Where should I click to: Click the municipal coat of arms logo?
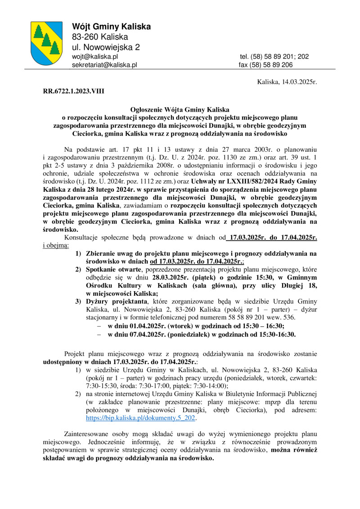(46, 43)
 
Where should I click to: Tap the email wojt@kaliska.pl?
(95, 57)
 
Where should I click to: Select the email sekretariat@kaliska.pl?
(104, 65)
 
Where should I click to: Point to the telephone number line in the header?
(274, 57)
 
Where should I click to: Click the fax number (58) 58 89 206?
(265, 65)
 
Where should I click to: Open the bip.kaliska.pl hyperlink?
(141, 417)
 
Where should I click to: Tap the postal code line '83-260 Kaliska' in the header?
(100, 37)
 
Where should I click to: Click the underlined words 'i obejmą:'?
(56, 245)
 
